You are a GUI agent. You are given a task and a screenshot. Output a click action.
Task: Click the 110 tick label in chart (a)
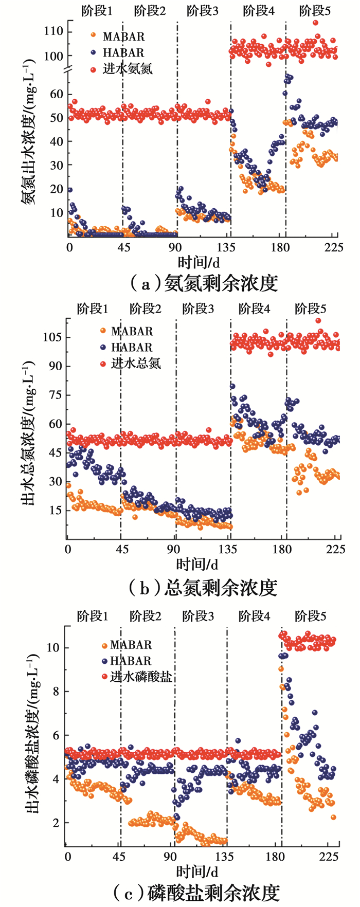pyautogui.click(x=53, y=32)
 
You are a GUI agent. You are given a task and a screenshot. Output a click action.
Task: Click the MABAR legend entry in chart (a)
pyautogui.click(x=123, y=37)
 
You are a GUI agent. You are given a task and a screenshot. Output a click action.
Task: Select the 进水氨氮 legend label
pyautogui.click(x=128, y=68)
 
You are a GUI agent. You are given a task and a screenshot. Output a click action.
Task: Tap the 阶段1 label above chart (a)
pyautogui.click(x=97, y=10)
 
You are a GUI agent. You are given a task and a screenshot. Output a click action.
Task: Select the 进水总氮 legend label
pyautogui.click(x=136, y=363)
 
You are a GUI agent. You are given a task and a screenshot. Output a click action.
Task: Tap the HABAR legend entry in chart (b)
pyautogui.click(x=132, y=348)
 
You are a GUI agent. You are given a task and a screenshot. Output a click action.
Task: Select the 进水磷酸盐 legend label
pyautogui.click(x=141, y=677)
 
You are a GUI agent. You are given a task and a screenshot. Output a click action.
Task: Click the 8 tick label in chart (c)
pyautogui.click(x=56, y=692)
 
